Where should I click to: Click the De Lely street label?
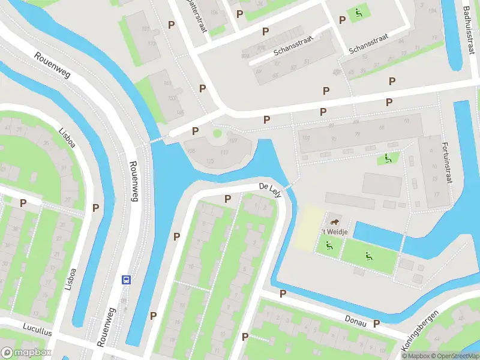pyautogui.click(x=270, y=188)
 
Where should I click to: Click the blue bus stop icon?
pyautogui.click(x=127, y=280)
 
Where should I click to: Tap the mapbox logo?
pyautogui.click(x=25, y=353)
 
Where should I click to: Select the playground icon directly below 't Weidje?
pyautogui.click(x=328, y=245)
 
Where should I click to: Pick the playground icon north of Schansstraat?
pyautogui.click(x=359, y=11)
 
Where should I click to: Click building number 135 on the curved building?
pyautogui.click(x=192, y=151)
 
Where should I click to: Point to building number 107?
pyautogui.click(x=233, y=142)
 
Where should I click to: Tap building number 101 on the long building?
pyautogui.click(x=306, y=138)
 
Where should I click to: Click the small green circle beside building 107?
pyautogui.click(x=217, y=133)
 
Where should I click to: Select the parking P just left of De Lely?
pyautogui.click(x=228, y=199)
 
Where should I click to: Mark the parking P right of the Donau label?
pyautogui.click(x=377, y=323)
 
